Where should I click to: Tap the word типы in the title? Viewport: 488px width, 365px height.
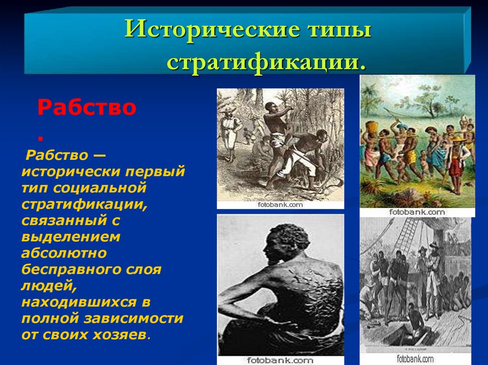(x=339, y=30)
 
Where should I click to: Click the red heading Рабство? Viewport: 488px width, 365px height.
(x=87, y=107)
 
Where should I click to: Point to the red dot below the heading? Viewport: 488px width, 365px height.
(x=40, y=138)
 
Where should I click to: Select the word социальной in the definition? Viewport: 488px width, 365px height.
(x=100, y=188)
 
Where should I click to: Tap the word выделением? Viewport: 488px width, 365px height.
(x=71, y=237)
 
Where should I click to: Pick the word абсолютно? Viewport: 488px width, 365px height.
(x=64, y=253)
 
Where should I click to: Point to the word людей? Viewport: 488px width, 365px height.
(x=49, y=286)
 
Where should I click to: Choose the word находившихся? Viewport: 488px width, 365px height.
(x=79, y=302)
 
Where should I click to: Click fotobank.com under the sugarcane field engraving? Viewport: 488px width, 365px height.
(x=280, y=205)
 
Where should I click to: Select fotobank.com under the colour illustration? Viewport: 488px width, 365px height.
(x=417, y=212)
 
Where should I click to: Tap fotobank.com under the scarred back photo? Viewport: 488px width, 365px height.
(x=280, y=360)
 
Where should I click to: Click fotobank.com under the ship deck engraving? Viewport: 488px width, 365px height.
(x=415, y=359)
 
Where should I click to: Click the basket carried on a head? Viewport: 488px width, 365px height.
(x=372, y=127)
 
